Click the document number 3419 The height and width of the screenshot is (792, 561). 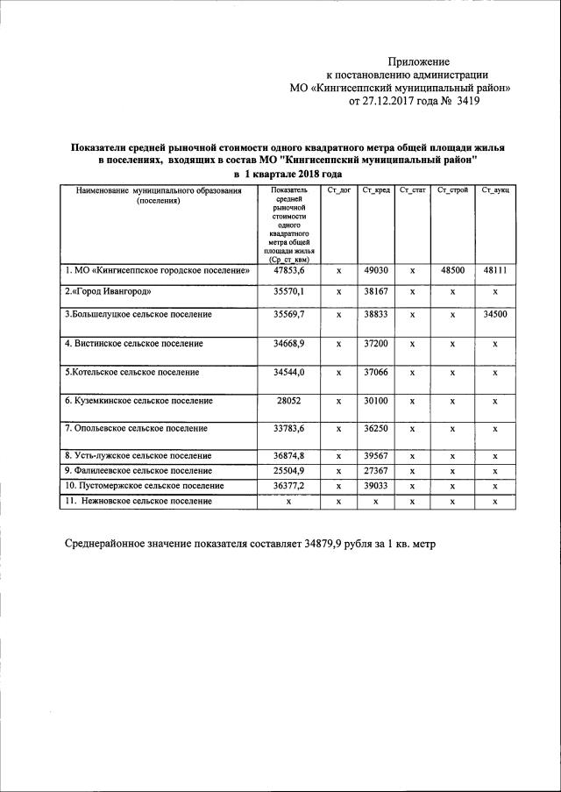tap(465, 101)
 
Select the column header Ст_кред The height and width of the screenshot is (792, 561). tap(375, 190)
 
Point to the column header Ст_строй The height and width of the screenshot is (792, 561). tap(452, 190)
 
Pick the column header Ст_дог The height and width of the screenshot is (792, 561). tap(338, 190)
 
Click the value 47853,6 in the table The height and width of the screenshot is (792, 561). tap(288, 271)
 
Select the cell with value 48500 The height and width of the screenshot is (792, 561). tap(452, 271)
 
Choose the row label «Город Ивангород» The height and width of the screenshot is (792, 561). tap(108, 291)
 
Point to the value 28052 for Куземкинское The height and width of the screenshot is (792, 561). tap(288, 401)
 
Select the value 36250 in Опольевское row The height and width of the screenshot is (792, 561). tap(375, 429)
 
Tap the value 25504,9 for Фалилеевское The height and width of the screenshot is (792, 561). tap(288, 471)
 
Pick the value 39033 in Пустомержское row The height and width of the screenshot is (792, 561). tap(375, 486)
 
